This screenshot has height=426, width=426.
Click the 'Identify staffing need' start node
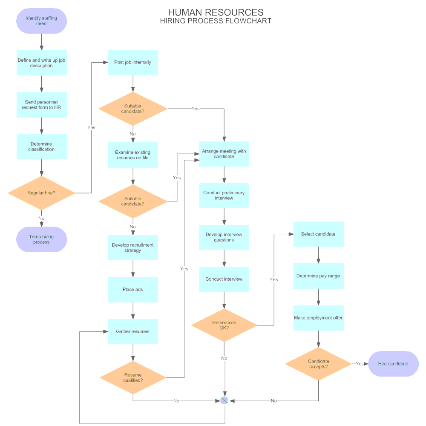[41, 21]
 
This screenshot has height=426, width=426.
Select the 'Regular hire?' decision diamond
[41, 193]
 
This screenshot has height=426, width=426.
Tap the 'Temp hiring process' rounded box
[41, 239]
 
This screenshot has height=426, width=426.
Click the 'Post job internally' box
[132, 62]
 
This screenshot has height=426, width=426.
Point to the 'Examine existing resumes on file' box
[132, 155]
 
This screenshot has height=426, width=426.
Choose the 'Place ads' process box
[132, 290]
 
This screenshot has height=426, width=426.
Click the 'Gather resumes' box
[132, 331]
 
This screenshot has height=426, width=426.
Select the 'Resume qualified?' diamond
[133, 377]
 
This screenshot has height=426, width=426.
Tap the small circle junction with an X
[225, 400]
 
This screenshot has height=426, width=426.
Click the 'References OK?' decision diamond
[224, 325]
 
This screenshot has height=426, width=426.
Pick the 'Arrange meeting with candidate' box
[224, 154]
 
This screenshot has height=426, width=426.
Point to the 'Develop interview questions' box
[224, 237]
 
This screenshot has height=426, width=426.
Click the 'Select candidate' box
[318, 234]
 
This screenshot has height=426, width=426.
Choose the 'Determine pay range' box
[318, 276]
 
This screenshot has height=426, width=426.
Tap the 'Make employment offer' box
[318, 318]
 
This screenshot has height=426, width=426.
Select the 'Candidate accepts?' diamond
[318, 364]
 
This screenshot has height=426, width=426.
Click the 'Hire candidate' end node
[393, 364]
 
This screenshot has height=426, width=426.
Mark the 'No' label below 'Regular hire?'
[41, 219]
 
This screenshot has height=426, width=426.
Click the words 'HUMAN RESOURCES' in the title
[216, 12]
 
